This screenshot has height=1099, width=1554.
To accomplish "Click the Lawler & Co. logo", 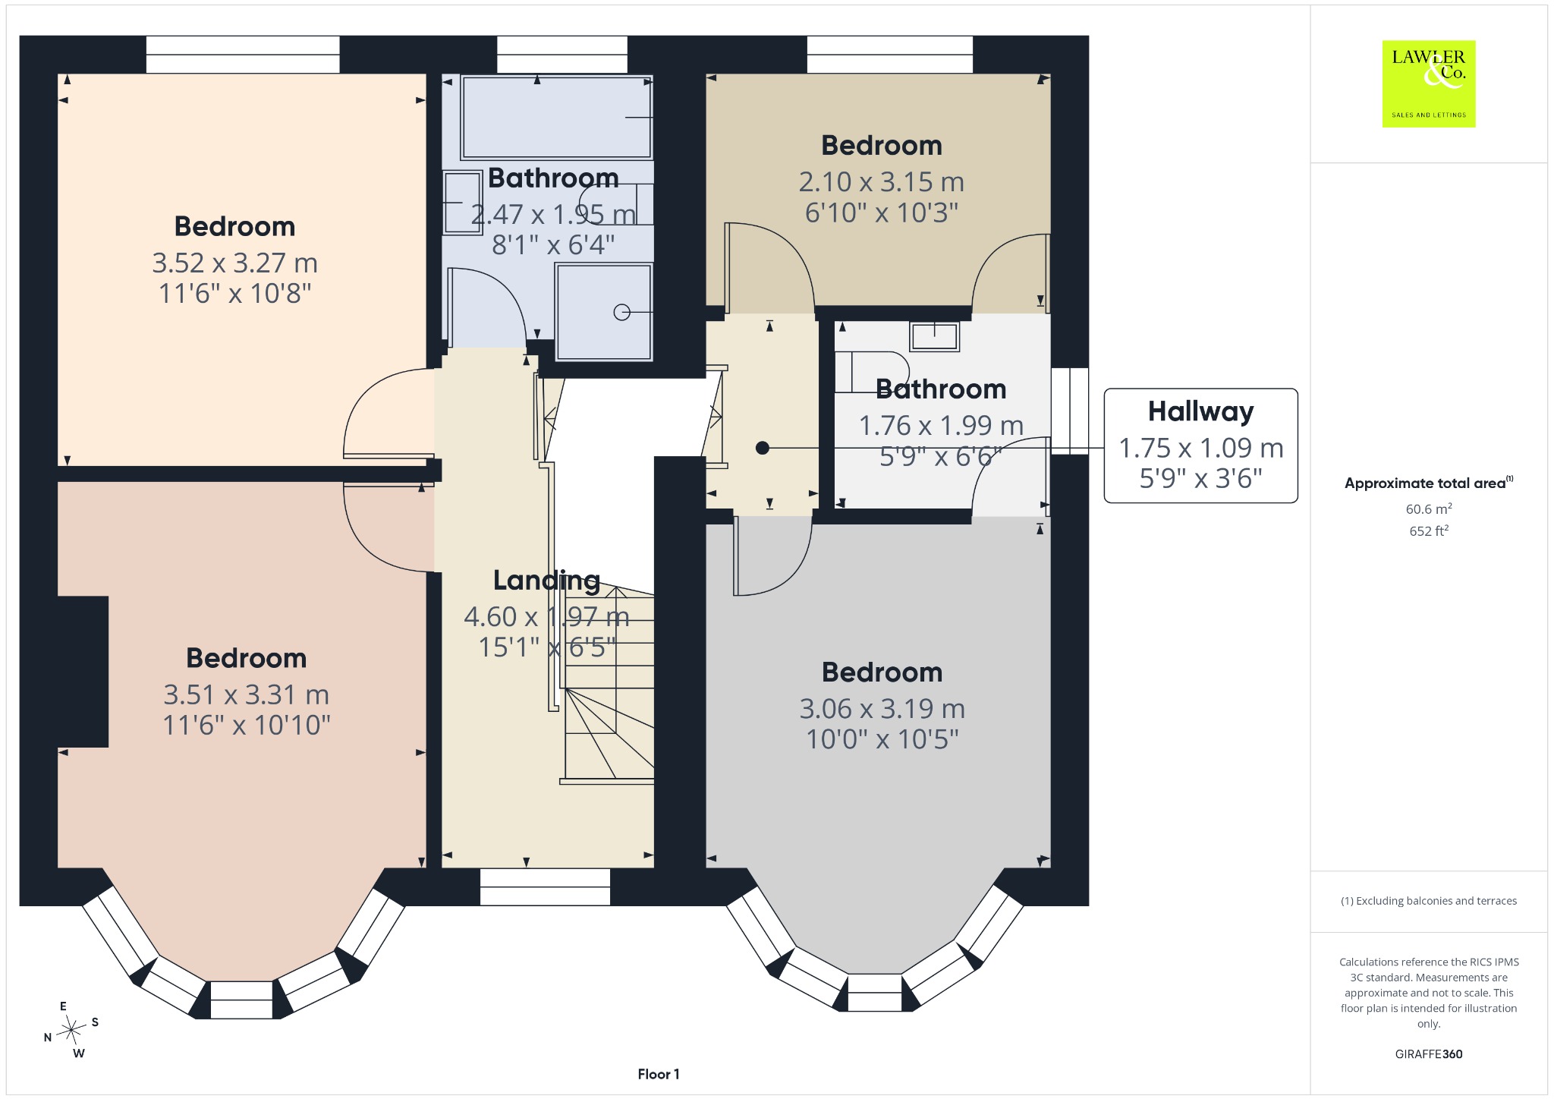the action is click(x=1429, y=83).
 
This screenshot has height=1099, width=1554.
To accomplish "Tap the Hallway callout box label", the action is click(x=1200, y=411).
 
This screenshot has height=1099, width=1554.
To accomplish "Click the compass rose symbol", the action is click(x=71, y=1030).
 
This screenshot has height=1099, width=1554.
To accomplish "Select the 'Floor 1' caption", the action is click(x=659, y=1074).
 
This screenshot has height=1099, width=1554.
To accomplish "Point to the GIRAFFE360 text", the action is click(x=1429, y=1054).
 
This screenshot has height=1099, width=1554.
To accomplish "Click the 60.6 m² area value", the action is click(x=1429, y=509).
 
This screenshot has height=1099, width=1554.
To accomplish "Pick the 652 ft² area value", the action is click(x=1429, y=531).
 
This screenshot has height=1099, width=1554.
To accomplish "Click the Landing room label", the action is click(x=546, y=581).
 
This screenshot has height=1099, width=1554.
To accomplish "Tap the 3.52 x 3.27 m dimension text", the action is click(x=234, y=263).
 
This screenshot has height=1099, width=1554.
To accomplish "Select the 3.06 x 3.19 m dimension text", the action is click(x=882, y=709).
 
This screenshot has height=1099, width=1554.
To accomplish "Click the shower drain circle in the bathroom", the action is click(x=621, y=312).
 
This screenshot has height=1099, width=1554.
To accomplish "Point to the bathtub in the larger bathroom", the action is click(x=557, y=117).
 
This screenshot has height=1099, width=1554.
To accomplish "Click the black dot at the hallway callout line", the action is click(x=763, y=449).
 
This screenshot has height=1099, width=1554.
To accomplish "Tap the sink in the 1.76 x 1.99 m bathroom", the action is click(x=935, y=336).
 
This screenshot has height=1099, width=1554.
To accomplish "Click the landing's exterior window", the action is click(x=545, y=886).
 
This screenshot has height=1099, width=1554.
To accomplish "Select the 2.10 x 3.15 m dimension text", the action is click(x=882, y=182).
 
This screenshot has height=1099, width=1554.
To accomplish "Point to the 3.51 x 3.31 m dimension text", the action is click(x=247, y=695).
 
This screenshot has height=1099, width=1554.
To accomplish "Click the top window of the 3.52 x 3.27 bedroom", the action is click(x=243, y=55).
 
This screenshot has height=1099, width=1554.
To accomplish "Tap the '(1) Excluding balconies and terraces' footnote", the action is click(x=1429, y=901).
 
